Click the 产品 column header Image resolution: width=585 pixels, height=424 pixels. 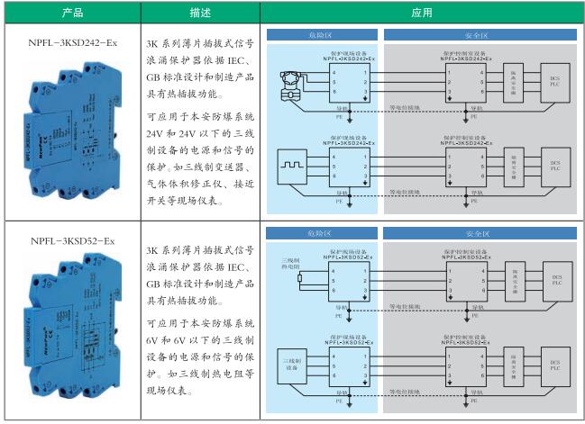(x=72, y=13)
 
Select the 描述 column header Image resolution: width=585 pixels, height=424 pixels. (x=201, y=13)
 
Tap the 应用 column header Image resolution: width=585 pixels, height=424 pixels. (x=421, y=13)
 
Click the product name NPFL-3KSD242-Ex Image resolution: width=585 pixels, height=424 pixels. (x=72, y=41)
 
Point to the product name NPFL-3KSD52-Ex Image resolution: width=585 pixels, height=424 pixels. (x=72, y=241)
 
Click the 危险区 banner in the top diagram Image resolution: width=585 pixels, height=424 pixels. (x=320, y=34)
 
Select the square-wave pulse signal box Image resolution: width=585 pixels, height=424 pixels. (x=291, y=167)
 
